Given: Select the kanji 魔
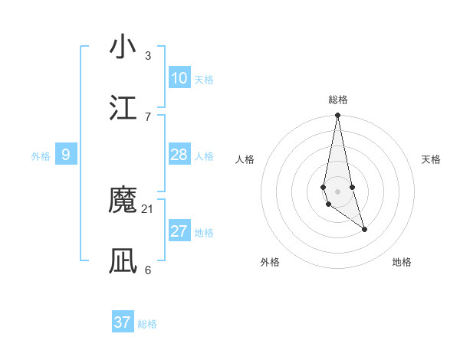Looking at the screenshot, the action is [123, 201].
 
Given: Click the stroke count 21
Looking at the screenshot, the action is [148, 208].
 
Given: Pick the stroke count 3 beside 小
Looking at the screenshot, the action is [148, 55].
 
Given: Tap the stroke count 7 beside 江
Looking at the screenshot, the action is [148, 116].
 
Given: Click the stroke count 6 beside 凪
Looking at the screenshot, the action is [148, 270].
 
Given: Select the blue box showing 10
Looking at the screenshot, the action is [179, 78].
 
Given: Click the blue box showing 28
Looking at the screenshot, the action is [179, 155].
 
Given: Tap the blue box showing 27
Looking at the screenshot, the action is [179, 231].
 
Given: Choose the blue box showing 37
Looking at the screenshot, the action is [123, 322].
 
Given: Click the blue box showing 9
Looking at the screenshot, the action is [66, 155].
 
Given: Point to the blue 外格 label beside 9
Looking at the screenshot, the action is [41, 156].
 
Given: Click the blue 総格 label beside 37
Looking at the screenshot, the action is [147, 324].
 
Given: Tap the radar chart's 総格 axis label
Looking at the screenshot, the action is [337, 100].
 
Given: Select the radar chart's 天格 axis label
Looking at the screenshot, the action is [432, 159].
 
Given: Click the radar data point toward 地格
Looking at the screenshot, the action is [364, 229].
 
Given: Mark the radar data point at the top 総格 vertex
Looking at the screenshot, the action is [337, 116].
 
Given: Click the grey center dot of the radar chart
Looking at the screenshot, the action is [337, 191].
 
